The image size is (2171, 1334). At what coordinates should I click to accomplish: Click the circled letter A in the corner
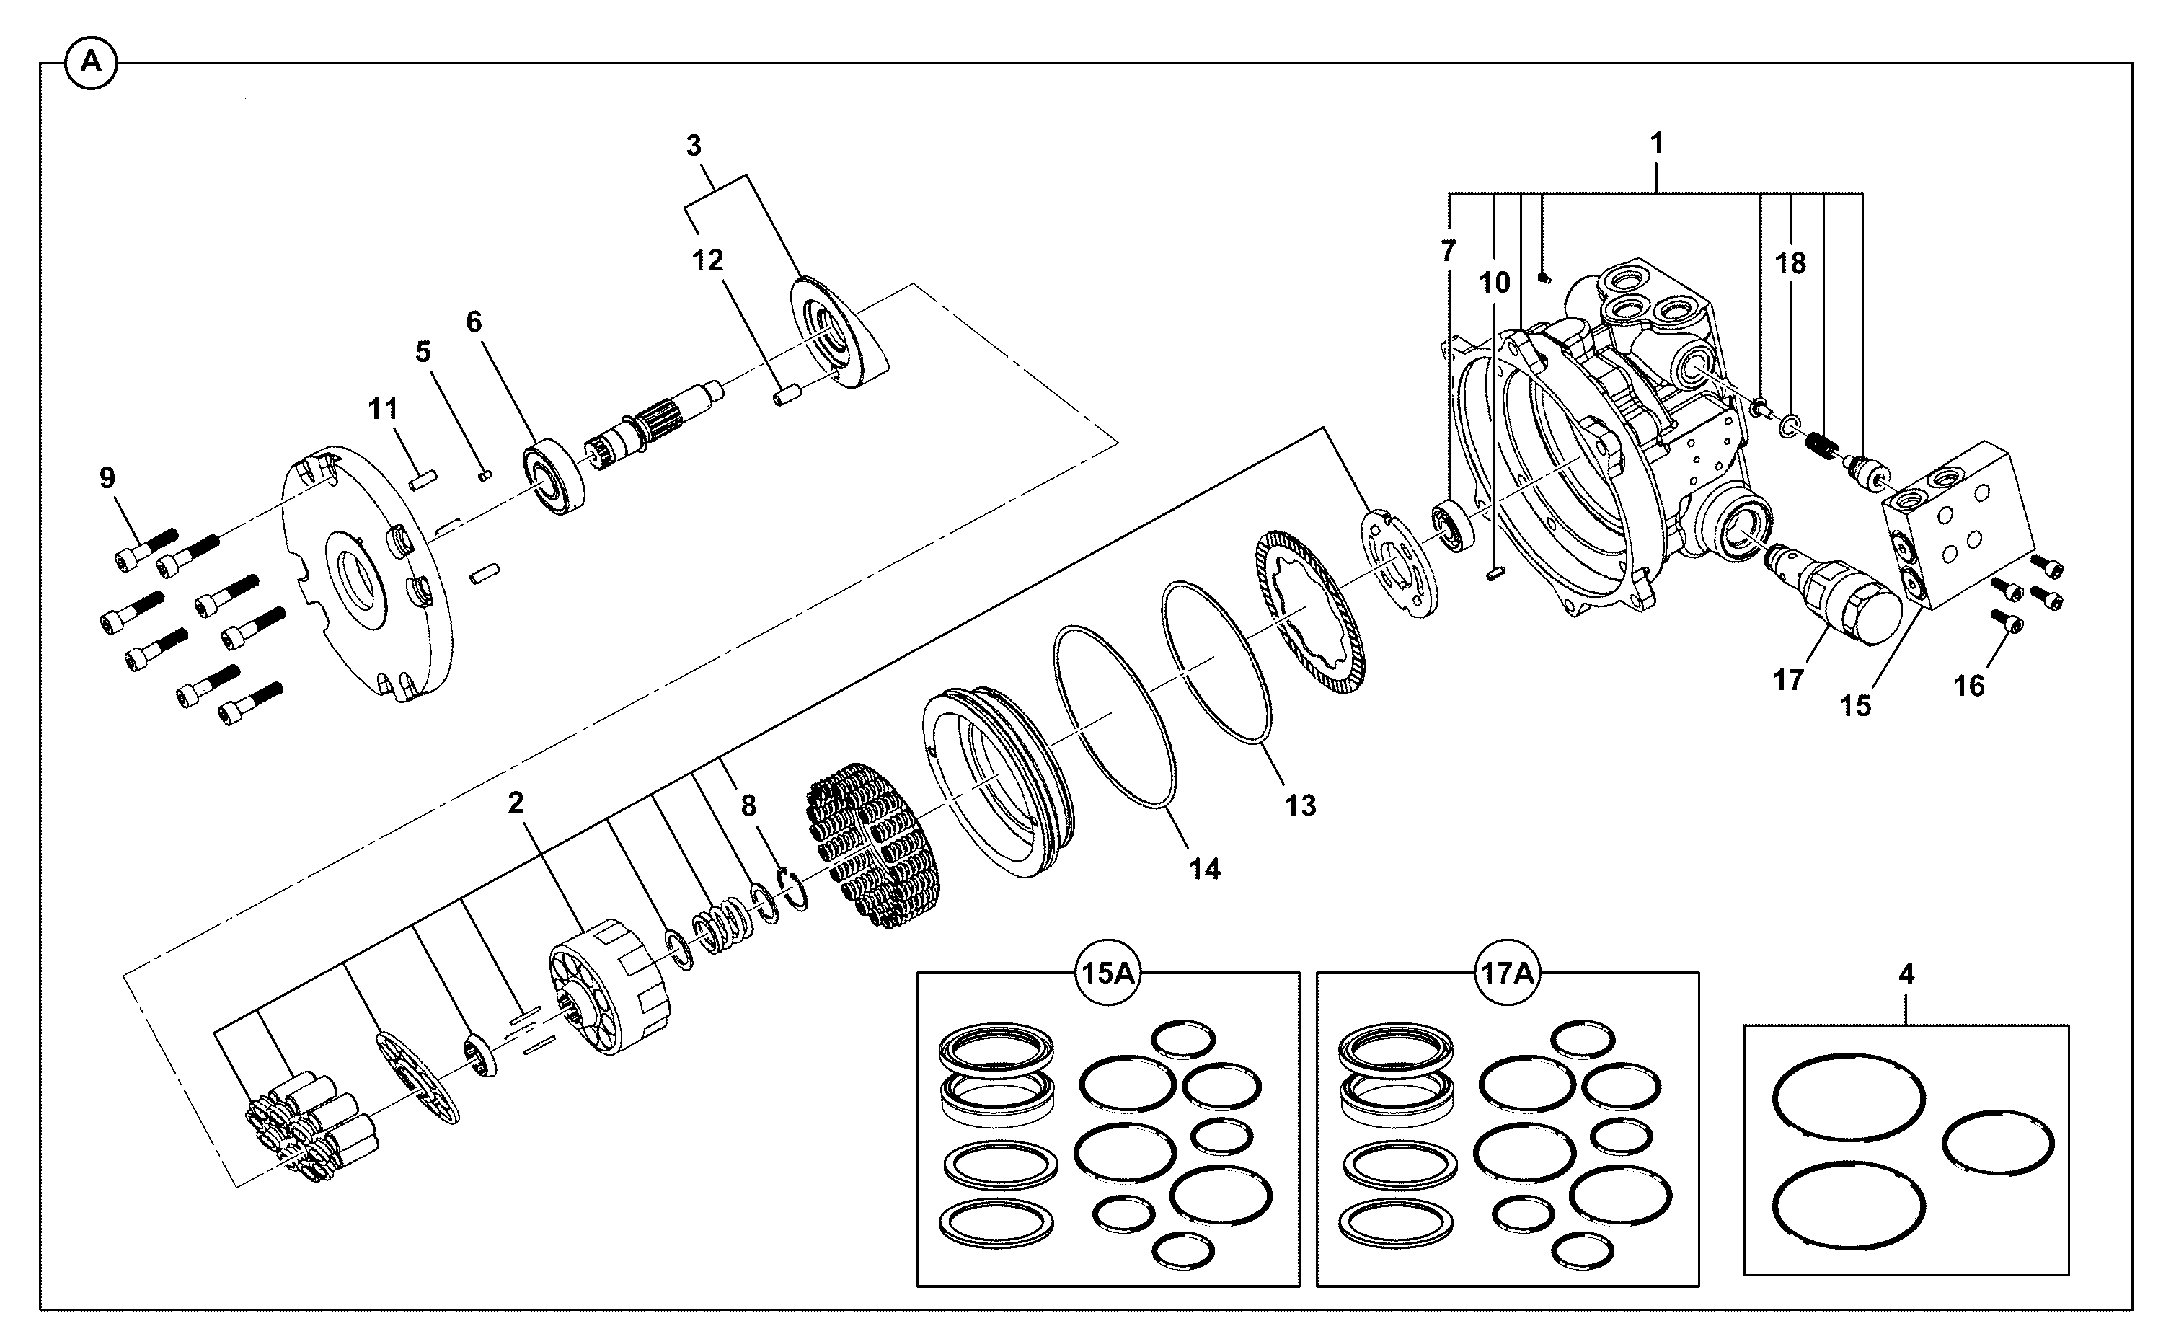tap(91, 63)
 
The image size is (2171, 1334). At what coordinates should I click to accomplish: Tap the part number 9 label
tap(107, 477)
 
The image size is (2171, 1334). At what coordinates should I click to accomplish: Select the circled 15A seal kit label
tap(1108, 974)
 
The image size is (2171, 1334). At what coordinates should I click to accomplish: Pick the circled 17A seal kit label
tap(1507, 974)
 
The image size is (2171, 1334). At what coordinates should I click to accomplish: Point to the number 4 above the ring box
tap(1906, 975)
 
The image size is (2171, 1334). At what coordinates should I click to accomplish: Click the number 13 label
tap(1300, 805)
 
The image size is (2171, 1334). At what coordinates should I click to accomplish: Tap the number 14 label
tap(1204, 869)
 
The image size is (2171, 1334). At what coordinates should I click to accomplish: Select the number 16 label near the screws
tap(1969, 686)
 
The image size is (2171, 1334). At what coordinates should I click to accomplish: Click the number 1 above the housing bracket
tap(1657, 143)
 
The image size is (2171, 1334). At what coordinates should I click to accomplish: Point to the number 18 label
tap(1790, 263)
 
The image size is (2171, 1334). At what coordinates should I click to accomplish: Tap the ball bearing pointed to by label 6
tap(554, 477)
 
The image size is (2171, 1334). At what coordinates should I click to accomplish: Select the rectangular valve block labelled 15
tap(1958, 526)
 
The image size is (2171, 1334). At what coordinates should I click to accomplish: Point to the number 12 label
tap(707, 260)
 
